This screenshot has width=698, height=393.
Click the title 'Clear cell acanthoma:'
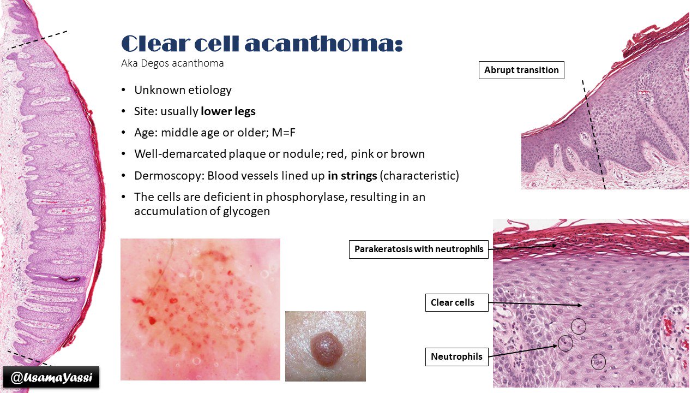tap(262, 44)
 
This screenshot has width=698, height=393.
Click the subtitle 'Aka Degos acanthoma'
tap(172, 63)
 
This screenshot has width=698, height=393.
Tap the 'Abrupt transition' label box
tap(521, 70)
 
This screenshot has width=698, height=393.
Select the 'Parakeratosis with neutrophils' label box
tap(419, 249)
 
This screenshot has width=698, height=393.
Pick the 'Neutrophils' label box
tap(456, 357)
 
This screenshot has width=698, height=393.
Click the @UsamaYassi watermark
tap(51, 377)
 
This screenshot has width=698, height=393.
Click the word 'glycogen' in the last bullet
tap(248, 211)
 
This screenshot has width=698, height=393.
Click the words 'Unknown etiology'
tap(183, 90)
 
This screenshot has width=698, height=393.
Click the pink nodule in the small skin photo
tap(326, 346)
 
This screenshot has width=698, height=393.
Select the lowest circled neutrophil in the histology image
tap(598, 361)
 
